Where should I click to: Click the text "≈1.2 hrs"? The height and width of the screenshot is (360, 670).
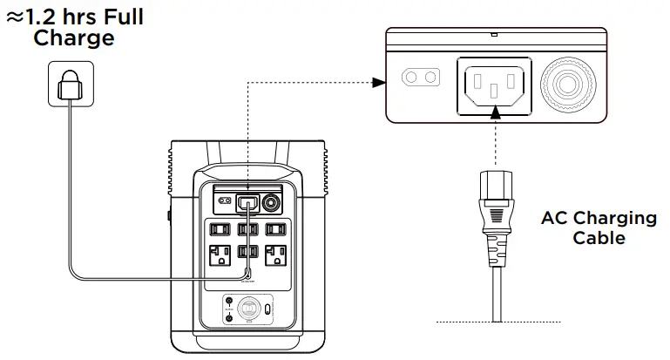[53, 17]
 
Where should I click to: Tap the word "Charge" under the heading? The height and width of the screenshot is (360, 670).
[73, 38]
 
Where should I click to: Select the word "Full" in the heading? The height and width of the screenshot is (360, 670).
[123, 17]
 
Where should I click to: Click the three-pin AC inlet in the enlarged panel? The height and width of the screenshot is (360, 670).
[493, 85]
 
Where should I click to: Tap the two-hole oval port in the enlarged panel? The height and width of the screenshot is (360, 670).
[419, 78]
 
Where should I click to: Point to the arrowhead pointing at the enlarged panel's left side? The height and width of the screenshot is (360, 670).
[378, 83]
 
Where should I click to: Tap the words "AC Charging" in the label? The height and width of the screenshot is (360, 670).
[599, 218]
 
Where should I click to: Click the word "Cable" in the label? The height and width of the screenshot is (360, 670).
[599, 237]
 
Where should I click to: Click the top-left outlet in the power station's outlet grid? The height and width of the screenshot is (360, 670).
[218, 230]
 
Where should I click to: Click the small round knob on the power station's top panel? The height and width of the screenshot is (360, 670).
[270, 203]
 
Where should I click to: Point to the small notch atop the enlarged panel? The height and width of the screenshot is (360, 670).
[494, 35]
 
